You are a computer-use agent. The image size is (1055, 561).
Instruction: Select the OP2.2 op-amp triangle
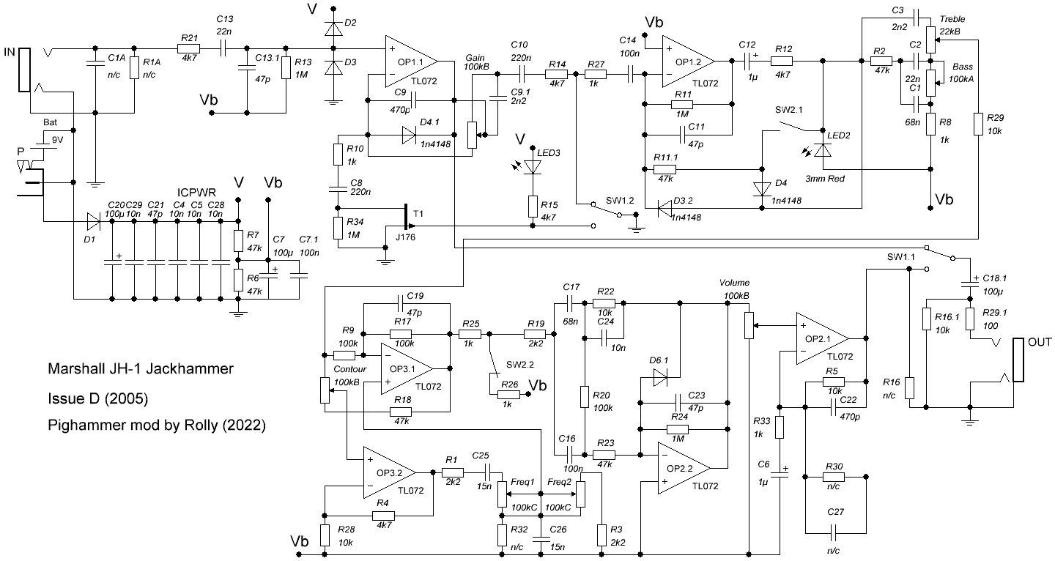684,468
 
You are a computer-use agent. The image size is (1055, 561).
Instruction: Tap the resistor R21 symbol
188,48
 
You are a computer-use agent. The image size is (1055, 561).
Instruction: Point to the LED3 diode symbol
533,167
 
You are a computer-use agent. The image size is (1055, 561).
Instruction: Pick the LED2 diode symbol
823,149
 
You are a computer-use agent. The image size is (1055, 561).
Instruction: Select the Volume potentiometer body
749,325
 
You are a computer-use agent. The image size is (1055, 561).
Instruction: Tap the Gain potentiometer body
472,135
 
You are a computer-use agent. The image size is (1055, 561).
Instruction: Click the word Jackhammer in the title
189,368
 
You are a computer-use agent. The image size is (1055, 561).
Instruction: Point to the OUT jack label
1040,342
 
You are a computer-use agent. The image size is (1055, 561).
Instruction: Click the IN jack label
10,52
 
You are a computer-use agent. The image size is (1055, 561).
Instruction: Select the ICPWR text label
196,193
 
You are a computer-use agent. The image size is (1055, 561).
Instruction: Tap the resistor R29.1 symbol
970,319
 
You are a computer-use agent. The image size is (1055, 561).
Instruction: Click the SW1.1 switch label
900,257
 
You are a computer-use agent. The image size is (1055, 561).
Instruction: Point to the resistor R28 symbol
325,535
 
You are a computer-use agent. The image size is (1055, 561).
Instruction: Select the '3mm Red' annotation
825,179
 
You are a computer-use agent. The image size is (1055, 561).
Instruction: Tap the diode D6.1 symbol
660,377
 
